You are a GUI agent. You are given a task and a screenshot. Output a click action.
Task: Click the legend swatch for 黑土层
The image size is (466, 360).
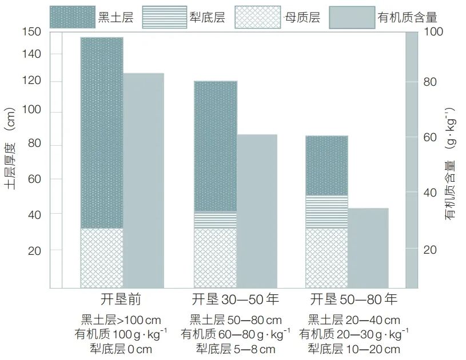[72, 17]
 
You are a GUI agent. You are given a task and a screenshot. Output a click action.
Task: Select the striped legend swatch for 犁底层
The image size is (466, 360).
[164, 17]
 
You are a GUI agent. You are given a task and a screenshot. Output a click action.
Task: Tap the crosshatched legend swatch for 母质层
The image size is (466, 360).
[258, 17]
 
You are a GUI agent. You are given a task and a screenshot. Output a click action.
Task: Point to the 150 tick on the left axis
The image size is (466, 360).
[33, 32]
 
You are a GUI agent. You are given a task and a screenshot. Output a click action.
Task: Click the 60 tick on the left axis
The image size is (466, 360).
[35, 179]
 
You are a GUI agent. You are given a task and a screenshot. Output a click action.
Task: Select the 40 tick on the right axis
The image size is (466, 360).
[429, 193]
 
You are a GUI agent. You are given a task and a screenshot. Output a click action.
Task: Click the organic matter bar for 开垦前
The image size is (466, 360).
[144, 180]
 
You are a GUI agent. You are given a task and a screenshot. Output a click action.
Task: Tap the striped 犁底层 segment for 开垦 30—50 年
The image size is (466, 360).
[215, 220]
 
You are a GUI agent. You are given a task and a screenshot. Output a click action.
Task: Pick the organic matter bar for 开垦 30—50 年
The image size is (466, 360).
[257, 211]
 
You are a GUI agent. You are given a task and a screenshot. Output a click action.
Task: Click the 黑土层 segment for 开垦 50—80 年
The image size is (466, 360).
[326, 166]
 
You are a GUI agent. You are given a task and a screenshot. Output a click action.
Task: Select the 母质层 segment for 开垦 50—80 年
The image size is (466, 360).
[326, 257]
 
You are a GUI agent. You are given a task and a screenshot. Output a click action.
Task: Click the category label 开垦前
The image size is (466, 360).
[120, 300]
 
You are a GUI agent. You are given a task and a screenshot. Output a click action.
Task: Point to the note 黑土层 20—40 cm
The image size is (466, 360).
[354, 320]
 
